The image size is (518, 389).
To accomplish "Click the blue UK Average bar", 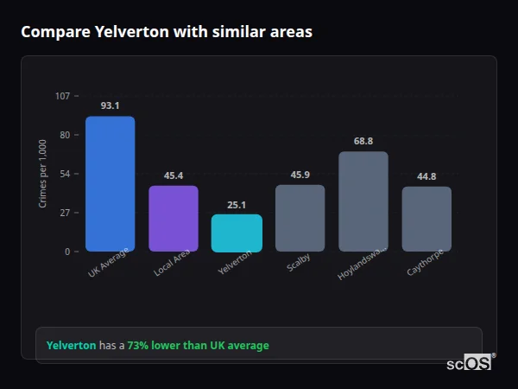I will coord(110,183).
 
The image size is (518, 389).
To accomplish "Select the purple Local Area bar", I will coord(174,218).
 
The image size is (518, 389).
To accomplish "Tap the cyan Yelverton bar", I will coord(237,233).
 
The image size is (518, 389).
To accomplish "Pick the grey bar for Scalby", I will coord(300,218).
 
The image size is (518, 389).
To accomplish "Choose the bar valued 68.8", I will coord(363,201).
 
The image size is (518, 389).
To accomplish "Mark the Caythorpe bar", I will coord(426,219).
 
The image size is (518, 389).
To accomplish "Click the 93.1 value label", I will coord(110,105).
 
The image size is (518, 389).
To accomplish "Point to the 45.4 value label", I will coord(174,175).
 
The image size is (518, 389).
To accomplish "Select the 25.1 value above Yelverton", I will coord(237,205).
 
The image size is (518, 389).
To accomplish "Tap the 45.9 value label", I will coord(300,175).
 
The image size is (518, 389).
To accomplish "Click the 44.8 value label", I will coord(426,176).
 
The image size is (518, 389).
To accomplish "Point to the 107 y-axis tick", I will coord(62,95).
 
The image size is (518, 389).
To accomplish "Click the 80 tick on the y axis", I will coord(65,135).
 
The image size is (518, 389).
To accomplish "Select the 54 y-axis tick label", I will coord(65,174).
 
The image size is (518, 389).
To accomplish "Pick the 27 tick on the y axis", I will coord(65,213).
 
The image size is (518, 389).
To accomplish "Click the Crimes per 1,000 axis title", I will coord(43,173).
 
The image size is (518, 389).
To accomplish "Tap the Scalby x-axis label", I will coord(299,263).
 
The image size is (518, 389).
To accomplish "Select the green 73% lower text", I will coord(198,345).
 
